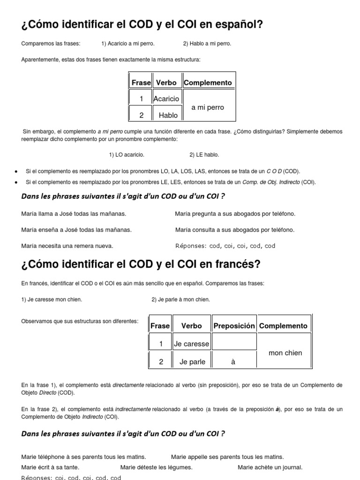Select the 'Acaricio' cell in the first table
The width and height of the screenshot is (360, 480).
point(166,99)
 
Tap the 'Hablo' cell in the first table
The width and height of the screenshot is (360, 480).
point(168,115)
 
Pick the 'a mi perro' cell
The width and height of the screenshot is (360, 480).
point(208,107)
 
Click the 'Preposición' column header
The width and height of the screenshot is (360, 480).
point(234,326)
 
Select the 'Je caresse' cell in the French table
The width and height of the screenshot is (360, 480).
point(191,344)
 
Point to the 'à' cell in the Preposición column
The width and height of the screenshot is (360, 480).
point(233,362)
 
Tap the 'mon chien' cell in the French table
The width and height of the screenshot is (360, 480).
point(285,353)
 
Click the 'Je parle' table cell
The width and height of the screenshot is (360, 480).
point(191,362)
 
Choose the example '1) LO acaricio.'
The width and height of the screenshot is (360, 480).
point(127,155)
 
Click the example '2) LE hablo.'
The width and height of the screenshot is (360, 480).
point(204,155)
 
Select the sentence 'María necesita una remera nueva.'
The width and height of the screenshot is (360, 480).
point(67,246)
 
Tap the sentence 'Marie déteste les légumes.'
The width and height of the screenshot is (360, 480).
point(156,467)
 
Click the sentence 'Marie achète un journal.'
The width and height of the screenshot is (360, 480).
point(270,467)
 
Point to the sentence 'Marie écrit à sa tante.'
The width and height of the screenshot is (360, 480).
point(50,467)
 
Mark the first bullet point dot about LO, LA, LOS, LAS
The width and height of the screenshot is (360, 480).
point(17,172)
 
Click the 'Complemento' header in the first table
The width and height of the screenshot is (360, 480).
point(208,83)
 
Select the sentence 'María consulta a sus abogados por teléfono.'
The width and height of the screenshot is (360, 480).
point(235,230)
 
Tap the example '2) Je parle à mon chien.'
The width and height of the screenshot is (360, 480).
point(181,300)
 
